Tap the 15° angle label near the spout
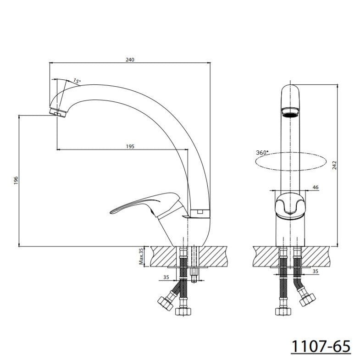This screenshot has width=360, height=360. point(76,82)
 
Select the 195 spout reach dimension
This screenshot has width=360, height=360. point(130,146)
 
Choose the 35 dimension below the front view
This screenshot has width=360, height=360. point(315,271)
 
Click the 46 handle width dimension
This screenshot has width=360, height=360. point(315,187)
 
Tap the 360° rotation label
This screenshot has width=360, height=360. point(262,153)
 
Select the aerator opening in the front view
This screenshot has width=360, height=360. point(289,111)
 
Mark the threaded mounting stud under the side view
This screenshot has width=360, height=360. point(194,275)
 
